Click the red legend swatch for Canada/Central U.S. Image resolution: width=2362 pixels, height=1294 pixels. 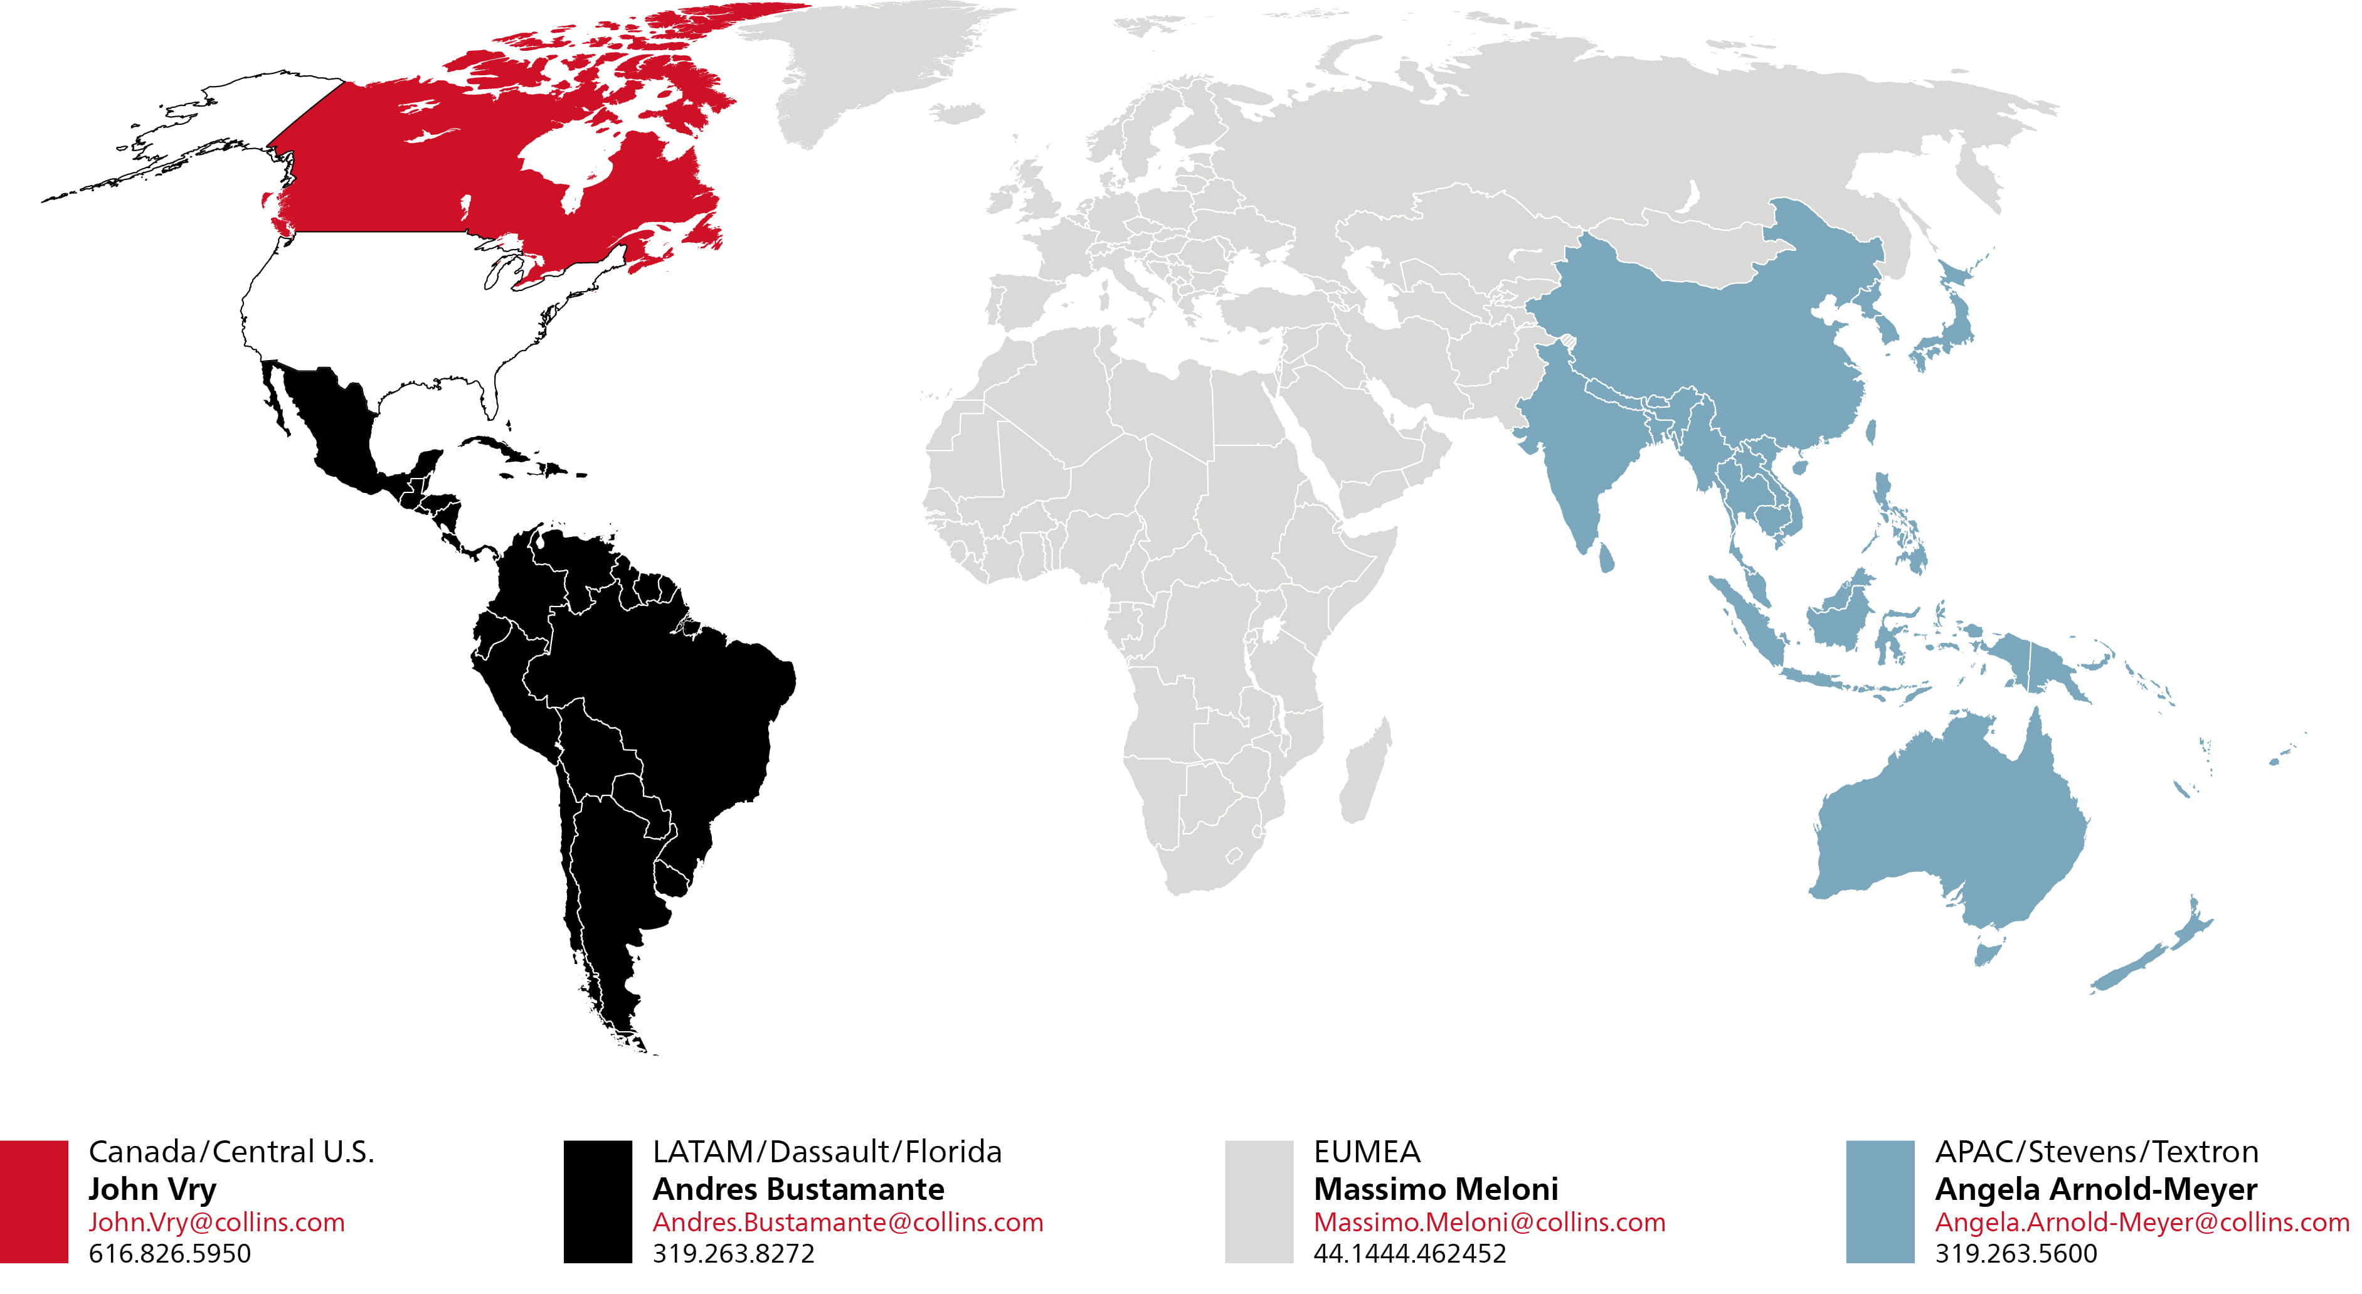tap(34, 1201)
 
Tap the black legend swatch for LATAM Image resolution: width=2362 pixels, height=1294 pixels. tap(598, 1201)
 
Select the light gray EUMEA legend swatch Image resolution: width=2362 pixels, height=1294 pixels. tap(1259, 1201)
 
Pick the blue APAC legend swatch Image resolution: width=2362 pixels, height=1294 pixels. tap(1880, 1201)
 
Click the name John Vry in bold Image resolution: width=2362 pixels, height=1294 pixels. tap(152, 1189)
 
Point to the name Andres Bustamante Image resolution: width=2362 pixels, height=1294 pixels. tap(798, 1189)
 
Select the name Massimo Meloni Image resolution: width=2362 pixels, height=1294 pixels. tap(1436, 1189)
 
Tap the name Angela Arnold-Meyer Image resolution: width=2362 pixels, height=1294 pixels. tap(2096, 1189)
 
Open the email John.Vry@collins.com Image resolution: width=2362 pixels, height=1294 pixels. tap(216, 1222)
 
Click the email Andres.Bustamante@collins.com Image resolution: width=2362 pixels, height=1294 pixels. tap(847, 1222)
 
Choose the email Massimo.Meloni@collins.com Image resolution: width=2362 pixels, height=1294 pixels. tap(1489, 1222)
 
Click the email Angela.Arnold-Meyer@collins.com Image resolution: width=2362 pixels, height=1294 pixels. tap(2142, 1222)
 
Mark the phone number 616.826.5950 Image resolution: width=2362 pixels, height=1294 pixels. tap(169, 1254)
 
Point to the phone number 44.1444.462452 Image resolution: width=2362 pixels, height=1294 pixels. tap(1409, 1254)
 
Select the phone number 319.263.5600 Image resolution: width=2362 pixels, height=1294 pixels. tap(2015, 1254)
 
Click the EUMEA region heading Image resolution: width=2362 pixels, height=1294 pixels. tap(1366, 1152)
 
